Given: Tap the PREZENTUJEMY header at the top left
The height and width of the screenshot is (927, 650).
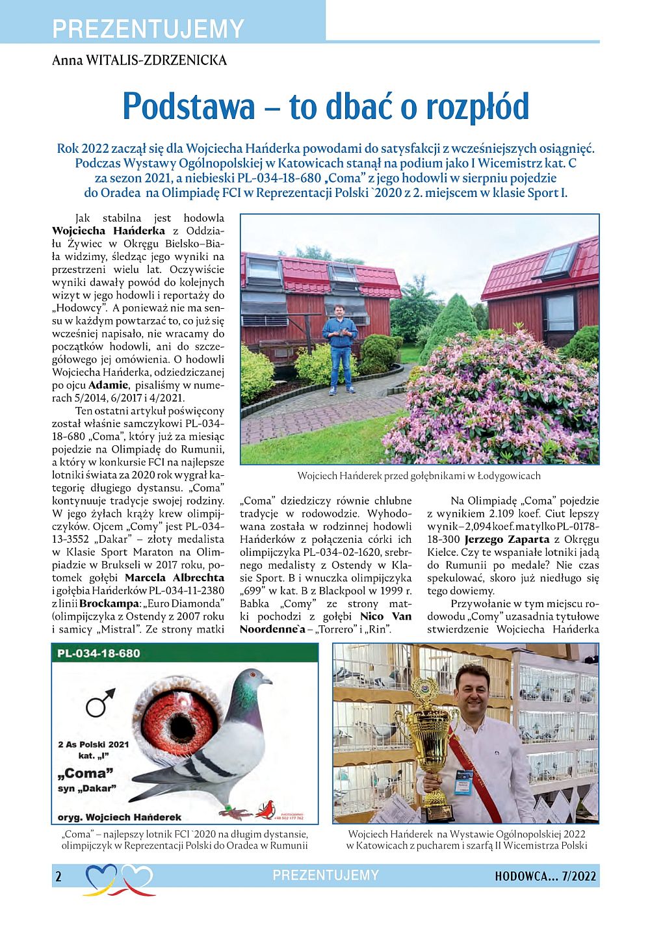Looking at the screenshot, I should (x=148, y=29).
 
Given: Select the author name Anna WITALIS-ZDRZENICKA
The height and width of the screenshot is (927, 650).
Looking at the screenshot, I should (x=139, y=60).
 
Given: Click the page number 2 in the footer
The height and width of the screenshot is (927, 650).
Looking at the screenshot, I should (x=58, y=876).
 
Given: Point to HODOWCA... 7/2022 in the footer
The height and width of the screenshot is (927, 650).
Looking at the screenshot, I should (x=545, y=876).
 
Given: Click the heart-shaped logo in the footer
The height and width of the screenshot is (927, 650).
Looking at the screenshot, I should (x=119, y=878).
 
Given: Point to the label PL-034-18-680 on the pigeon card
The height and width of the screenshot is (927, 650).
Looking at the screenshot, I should (x=98, y=653).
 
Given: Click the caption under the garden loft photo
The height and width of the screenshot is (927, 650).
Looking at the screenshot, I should (x=419, y=476).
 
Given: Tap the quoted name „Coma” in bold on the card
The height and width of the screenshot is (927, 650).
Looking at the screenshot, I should (x=85, y=774).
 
